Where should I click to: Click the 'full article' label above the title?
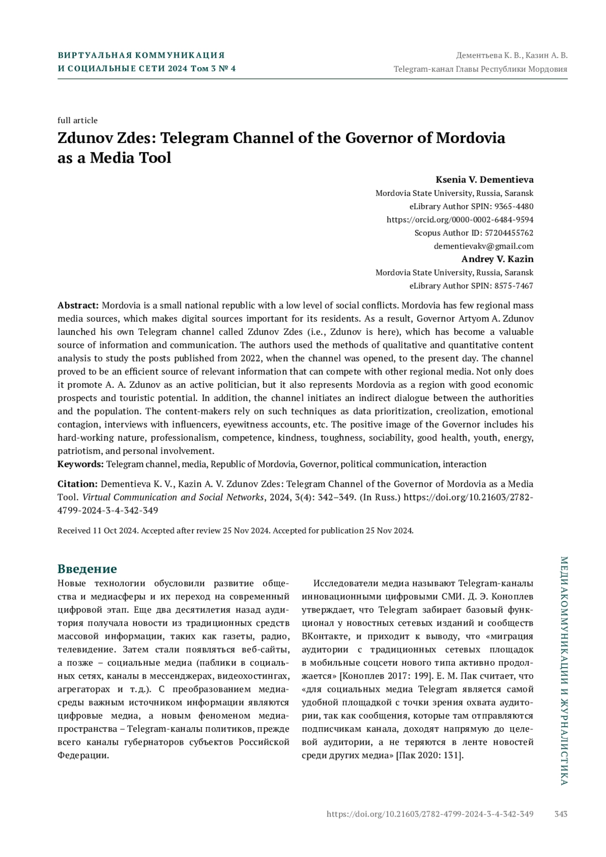point(77,120)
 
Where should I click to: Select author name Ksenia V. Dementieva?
point(484,180)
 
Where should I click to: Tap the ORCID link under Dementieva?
point(460,220)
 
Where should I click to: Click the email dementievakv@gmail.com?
point(483,246)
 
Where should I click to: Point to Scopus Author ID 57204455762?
point(474,233)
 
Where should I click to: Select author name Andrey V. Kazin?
point(497,259)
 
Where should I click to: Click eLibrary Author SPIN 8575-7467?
point(471,285)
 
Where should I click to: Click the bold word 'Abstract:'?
point(78,306)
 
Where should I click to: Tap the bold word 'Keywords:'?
point(81,464)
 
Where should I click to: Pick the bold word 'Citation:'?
point(77,484)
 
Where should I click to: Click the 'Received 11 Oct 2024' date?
point(98,530)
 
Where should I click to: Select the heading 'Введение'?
point(87,569)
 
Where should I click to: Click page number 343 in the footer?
point(561,814)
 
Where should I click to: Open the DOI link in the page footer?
point(430,814)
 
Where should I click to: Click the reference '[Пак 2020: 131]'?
point(430,755)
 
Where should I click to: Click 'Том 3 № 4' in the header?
point(213,69)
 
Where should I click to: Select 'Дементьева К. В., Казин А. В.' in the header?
point(512,56)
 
